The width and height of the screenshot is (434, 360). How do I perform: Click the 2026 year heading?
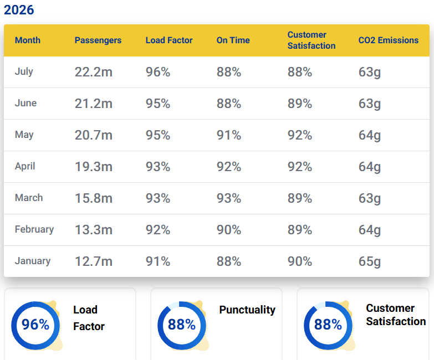tap(19, 10)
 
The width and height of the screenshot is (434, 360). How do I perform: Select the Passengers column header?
tap(98, 40)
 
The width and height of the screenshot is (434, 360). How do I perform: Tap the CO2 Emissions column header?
tap(389, 40)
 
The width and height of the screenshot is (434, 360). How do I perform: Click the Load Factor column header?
tap(169, 40)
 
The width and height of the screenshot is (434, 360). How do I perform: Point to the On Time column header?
tap(233, 40)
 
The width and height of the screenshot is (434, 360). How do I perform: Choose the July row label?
tap(24, 71)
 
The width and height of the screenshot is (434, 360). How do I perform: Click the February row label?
tap(34, 229)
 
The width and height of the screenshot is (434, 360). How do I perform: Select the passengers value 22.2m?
tap(94, 72)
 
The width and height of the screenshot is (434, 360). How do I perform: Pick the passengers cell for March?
tap(94, 198)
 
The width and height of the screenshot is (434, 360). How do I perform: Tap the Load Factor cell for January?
tap(158, 261)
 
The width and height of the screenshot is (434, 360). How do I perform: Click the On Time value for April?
tap(228, 167)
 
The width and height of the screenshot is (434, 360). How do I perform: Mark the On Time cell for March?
tap(228, 198)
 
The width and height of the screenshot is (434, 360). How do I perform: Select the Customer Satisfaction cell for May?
tap(300, 135)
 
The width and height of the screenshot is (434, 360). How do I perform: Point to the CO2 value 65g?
tap(370, 262)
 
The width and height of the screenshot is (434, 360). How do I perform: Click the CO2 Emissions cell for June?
tap(370, 104)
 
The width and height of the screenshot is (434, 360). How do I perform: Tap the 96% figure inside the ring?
tap(35, 325)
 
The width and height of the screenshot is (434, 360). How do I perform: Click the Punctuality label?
tap(247, 310)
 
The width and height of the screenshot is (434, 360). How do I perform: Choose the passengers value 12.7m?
tap(94, 261)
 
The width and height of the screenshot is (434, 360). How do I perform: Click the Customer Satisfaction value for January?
tap(300, 261)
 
